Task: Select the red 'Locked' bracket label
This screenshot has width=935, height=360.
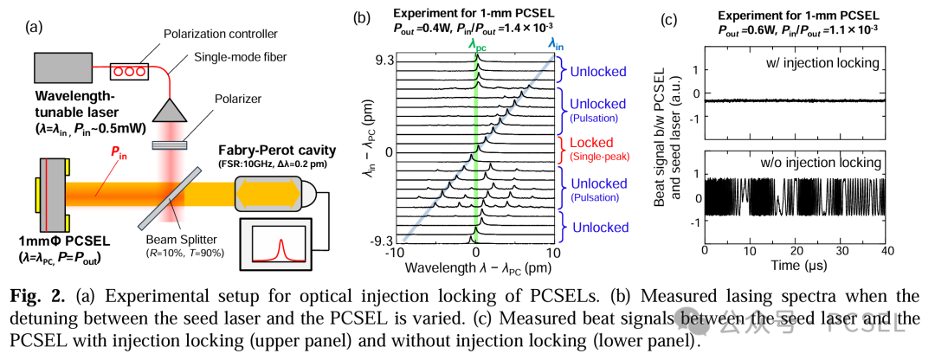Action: (x=588, y=143)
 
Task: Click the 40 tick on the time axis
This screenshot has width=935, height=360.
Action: (x=886, y=248)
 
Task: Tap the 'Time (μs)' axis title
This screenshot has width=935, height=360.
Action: (x=796, y=264)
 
